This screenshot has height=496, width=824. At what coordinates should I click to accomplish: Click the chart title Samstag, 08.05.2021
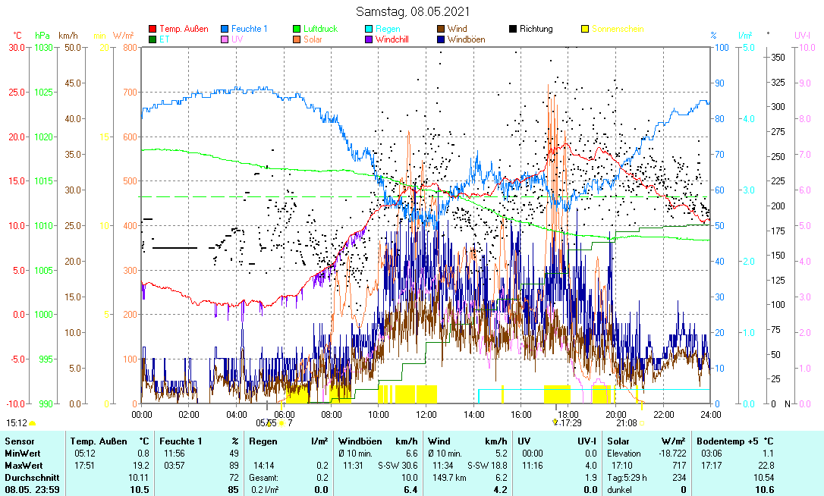pyautogui.click(x=413, y=11)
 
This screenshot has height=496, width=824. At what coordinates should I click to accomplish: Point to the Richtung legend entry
pyautogui.click(x=536, y=29)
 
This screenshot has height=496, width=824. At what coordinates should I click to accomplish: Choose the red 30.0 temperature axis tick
pyautogui.click(x=17, y=47)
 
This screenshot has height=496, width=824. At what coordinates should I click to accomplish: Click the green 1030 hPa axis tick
pyautogui.click(x=44, y=47)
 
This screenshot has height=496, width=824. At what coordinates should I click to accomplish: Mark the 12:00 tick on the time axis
pyautogui.click(x=426, y=414)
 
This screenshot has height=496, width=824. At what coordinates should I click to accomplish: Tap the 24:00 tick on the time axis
pyautogui.click(x=710, y=414)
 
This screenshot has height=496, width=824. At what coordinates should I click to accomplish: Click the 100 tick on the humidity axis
pyautogui.click(x=722, y=47)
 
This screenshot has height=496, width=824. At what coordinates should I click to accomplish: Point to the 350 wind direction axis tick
pyautogui.click(x=777, y=57)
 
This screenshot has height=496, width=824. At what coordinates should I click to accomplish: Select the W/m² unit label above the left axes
pyautogui.click(x=124, y=35)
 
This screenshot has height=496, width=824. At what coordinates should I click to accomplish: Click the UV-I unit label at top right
pyautogui.click(x=803, y=35)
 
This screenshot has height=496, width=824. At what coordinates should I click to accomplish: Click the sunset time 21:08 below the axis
pyautogui.click(x=627, y=422)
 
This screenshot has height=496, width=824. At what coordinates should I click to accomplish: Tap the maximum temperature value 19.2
pyautogui.click(x=141, y=465)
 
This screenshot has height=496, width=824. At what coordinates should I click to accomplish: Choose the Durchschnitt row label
pyautogui.click(x=27, y=477)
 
